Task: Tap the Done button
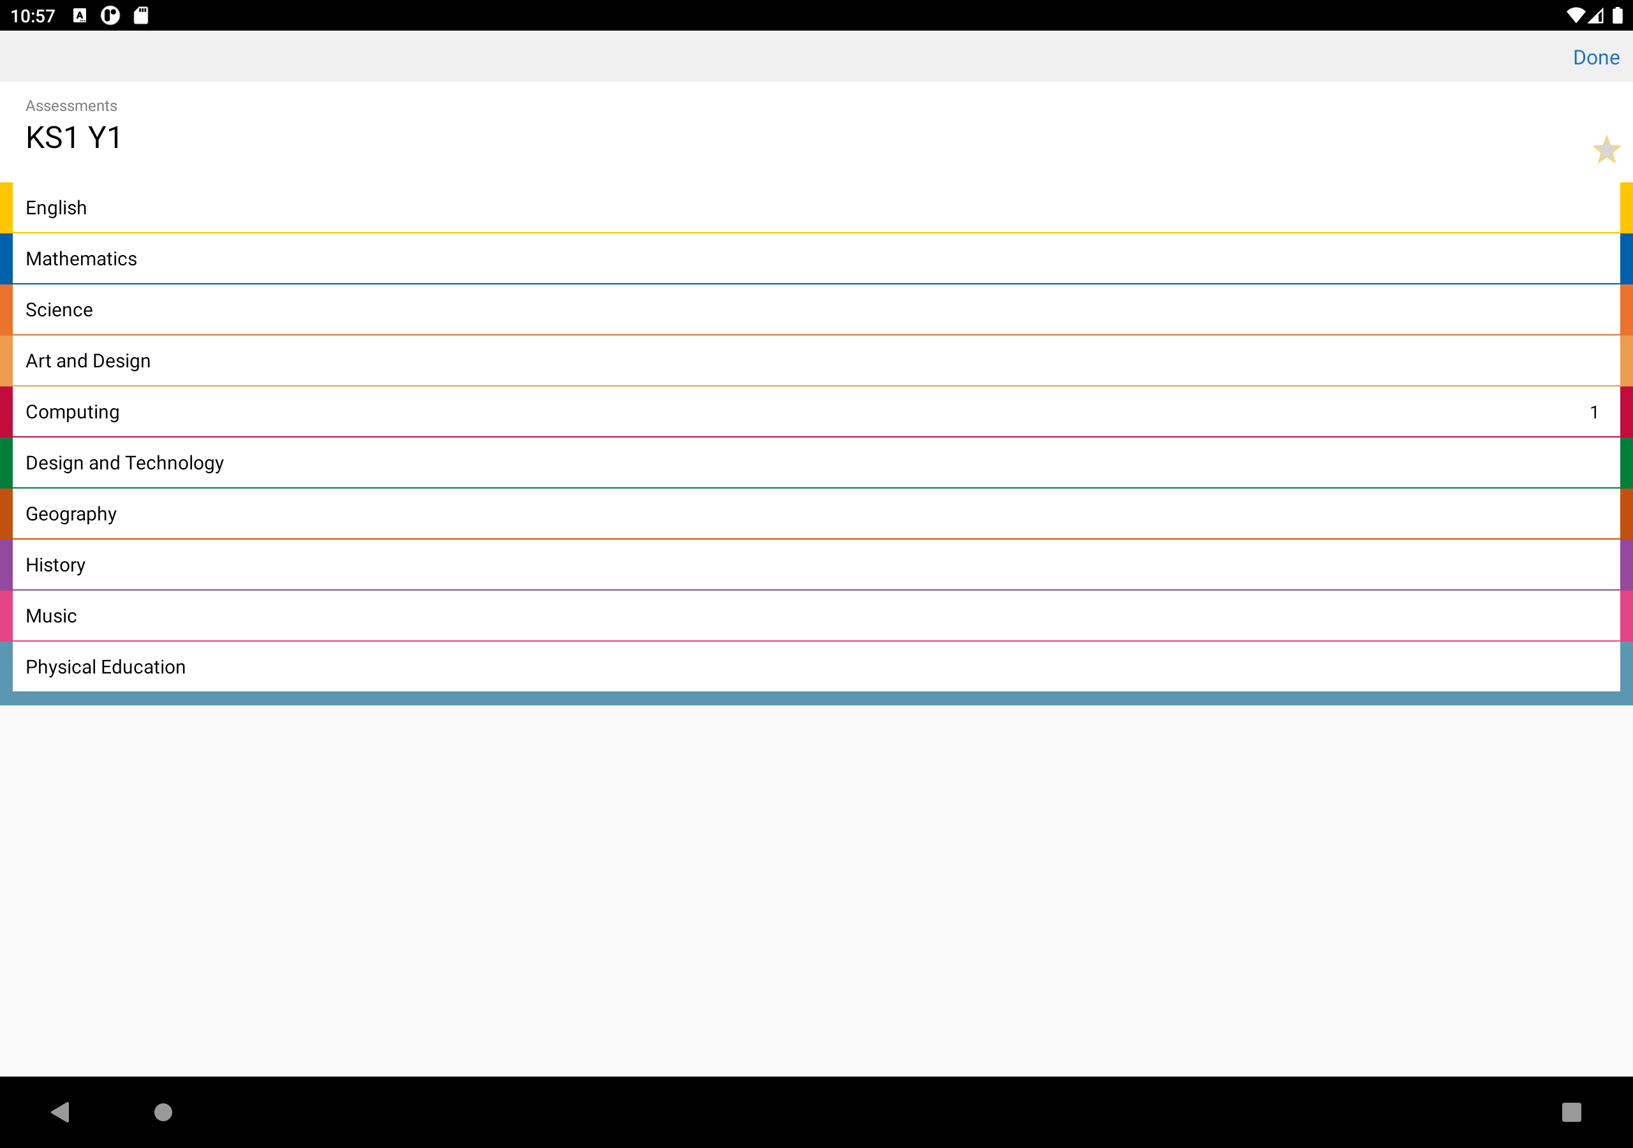[1596, 57]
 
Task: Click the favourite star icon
[1606, 149]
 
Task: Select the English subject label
[56, 208]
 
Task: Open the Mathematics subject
[81, 259]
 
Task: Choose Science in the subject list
[59, 310]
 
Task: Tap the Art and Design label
[88, 362]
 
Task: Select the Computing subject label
[73, 413]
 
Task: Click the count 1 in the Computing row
[1594, 413]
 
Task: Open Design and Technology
[125, 463]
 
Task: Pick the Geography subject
[71, 514]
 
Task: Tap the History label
[55, 566]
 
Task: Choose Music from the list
[51, 616]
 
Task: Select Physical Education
[106, 667]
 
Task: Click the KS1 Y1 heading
[74, 137]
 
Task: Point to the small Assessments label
[71, 106]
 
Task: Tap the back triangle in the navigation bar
[61, 1112]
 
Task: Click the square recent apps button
[1571, 1112]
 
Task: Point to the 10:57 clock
[33, 16]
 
